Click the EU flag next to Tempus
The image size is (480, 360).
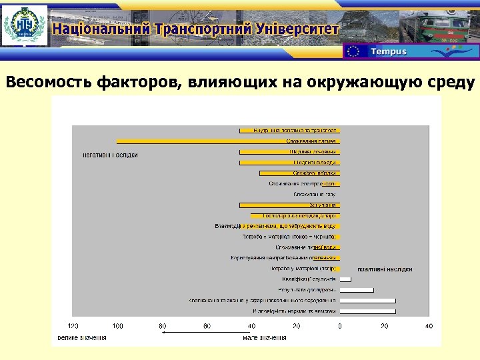[354, 51]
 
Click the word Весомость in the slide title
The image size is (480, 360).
[49, 82]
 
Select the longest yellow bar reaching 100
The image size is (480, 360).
[227, 141]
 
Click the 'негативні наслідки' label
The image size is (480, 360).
[110, 155]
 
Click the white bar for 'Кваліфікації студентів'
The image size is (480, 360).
[345, 279]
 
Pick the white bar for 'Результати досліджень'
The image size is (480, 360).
[357, 290]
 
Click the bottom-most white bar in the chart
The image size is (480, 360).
[367, 311]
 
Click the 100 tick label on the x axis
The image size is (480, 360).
[117, 326]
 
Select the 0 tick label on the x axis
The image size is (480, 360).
[340, 326]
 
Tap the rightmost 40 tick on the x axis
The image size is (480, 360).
[429, 326]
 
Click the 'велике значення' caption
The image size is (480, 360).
[81, 337]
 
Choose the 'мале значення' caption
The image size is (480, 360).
[265, 337]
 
